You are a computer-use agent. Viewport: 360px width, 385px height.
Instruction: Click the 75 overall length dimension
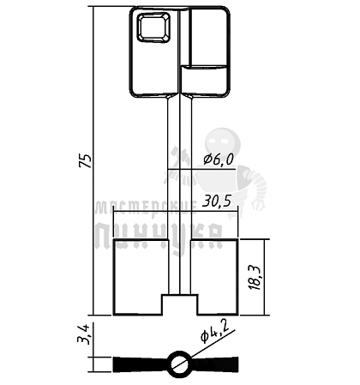click(86, 160)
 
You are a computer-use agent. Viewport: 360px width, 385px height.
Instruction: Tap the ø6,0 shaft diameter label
click(219, 159)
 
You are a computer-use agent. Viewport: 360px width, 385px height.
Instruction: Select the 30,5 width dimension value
click(217, 202)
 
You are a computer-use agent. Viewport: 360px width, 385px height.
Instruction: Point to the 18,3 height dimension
click(255, 278)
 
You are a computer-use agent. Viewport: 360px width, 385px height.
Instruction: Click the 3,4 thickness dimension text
click(84, 334)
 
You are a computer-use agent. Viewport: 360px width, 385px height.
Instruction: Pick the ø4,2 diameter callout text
click(214, 333)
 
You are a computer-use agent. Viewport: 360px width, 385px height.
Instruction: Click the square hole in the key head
click(153, 27)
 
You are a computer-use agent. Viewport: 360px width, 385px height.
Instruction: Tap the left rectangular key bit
click(138, 277)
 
